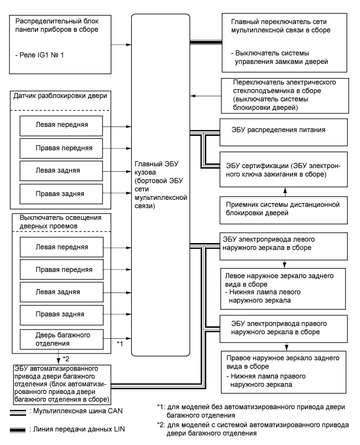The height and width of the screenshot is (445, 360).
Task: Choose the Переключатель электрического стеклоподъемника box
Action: pos(281,95)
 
